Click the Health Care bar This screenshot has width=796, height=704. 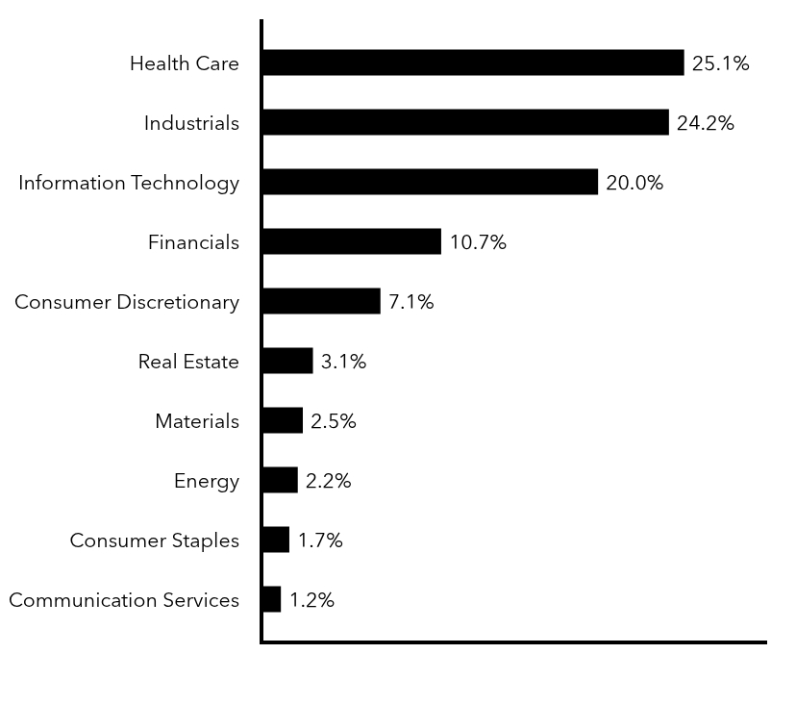(472, 63)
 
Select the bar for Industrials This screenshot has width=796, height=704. (464, 122)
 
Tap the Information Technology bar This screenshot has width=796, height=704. (430, 182)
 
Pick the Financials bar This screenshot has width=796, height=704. (351, 241)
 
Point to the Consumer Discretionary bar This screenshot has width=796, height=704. (321, 301)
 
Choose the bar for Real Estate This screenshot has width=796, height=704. (287, 361)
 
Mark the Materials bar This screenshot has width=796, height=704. (282, 420)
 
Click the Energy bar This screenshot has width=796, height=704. (280, 480)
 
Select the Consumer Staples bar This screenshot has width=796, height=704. (275, 540)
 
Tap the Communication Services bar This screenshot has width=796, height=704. (271, 599)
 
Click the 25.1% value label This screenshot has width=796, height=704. (720, 64)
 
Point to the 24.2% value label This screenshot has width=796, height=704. (705, 123)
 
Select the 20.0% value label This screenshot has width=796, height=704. (634, 183)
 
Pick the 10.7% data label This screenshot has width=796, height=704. (478, 242)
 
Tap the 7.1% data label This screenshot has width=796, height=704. (410, 302)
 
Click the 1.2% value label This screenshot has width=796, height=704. (311, 600)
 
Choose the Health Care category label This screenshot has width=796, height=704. (185, 63)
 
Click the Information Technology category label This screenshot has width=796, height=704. (129, 183)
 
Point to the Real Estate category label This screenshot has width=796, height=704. (188, 362)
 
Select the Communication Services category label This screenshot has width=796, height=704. (124, 600)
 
